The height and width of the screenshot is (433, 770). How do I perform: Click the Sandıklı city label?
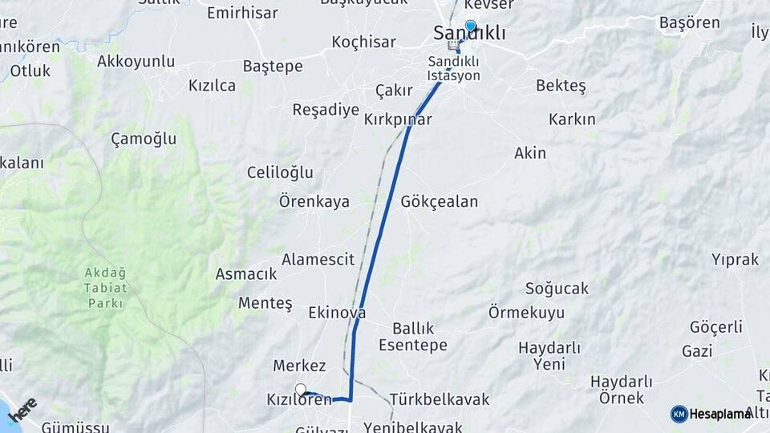tap(469, 34)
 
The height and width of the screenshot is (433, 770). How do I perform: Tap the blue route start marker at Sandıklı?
tap(470, 26)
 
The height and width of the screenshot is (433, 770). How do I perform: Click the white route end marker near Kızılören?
tap(301, 390)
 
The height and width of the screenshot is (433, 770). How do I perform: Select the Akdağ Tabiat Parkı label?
tap(105, 288)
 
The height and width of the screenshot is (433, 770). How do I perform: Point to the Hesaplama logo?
tap(711, 414)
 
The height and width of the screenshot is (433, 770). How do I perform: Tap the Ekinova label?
tap(337, 313)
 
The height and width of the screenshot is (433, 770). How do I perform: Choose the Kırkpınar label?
tap(398, 119)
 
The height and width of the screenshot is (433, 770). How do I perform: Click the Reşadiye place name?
tap(326, 110)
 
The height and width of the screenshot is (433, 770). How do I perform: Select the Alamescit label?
tap(318, 259)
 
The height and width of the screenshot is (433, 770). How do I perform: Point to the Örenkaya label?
tap(314, 201)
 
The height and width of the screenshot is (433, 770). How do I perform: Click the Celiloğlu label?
tap(280, 172)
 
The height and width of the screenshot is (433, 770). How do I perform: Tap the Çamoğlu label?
tap(144, 139)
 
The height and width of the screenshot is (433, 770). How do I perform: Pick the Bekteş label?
tap(561, 85)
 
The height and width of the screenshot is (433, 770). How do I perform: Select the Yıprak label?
tap(735, 259)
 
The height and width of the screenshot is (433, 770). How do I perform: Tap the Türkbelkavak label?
tap(438, 399)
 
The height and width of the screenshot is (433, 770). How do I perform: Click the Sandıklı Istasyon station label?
tap(454, 68)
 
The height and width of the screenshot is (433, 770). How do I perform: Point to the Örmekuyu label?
tap(526, 313)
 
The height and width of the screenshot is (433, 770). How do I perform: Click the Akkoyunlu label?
tap(136, 61)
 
